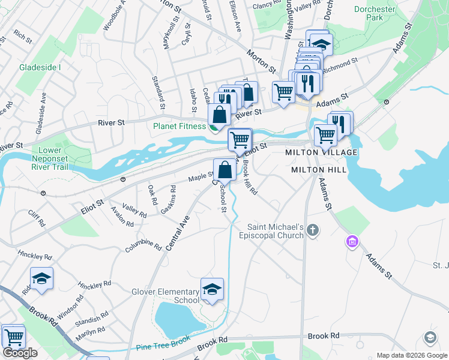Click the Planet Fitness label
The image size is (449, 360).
pyautogui.click(x=179, y=126)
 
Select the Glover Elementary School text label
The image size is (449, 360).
pyautogui.click(x=165, y=296)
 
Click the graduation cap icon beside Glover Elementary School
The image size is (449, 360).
pyautogui.click(x=212, y=289)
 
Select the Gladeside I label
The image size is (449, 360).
pyautogui.click(x=40, y=67)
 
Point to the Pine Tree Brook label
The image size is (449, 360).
pyautogui.click(x=163, y=346)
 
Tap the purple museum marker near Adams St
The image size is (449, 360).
pyautogui.click(x=352, y=242)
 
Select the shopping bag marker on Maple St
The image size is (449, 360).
pyautogui.click(x=224, y=169)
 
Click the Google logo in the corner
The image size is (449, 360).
pyautogui.click(x=20, y=353)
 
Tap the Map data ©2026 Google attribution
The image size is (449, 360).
pyautogui.click(x=412, y=355)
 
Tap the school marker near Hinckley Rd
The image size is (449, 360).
pyautogui.click(x=41, y=278)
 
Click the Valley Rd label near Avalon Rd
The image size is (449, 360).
pyautogui.click(x=134, y=209)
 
